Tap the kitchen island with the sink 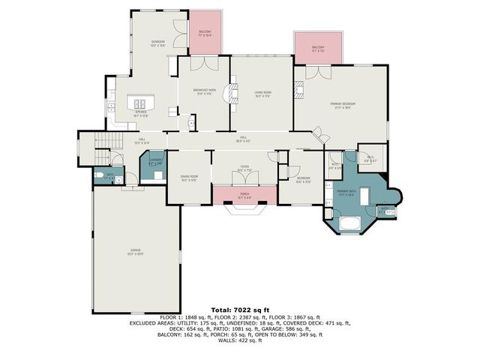tap(141, 103)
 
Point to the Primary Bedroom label tap(343, 105)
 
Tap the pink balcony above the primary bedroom tap(318, 49)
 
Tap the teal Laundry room tap(155, 166)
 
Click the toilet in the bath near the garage tap(100, 177)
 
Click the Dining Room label tap(189, 178)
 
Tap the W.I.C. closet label tap(370, 158)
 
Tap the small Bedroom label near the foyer tap(301, 179)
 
